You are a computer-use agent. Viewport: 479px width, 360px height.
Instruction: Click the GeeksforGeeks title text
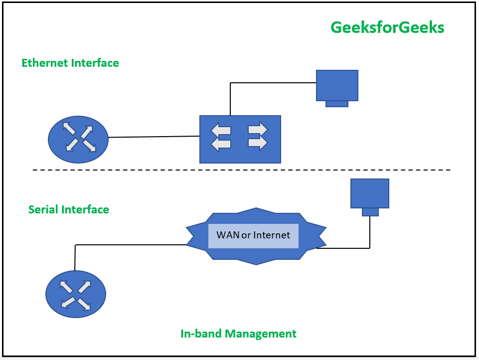coord(387,27)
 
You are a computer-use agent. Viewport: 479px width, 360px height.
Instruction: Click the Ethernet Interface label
coord(70,63)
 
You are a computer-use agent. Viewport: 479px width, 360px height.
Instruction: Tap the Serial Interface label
coord(69,209)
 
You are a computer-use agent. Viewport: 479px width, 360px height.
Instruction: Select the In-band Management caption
coord(238,334)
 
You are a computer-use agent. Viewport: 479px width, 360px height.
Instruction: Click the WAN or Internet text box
coord(253,236)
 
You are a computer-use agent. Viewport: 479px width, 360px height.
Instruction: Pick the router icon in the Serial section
coord(76,294)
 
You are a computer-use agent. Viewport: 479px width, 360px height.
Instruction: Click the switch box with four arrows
coord(240,139)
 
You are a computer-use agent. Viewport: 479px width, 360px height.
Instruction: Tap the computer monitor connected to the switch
coord(337,85)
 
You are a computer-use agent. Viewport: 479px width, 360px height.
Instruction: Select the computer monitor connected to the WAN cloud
coord(369,193)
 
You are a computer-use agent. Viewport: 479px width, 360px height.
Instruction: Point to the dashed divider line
coord(242,170)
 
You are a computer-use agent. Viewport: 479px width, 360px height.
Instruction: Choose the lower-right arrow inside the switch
coord(257,143)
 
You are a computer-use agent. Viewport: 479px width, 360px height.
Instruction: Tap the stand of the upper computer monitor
coord(337,104)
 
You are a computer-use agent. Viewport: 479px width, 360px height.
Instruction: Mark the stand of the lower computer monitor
coord(370,212)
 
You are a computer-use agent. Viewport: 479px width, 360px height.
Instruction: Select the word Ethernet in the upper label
coord(45,63)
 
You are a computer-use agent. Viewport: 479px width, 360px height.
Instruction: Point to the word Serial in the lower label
coord(44,209)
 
